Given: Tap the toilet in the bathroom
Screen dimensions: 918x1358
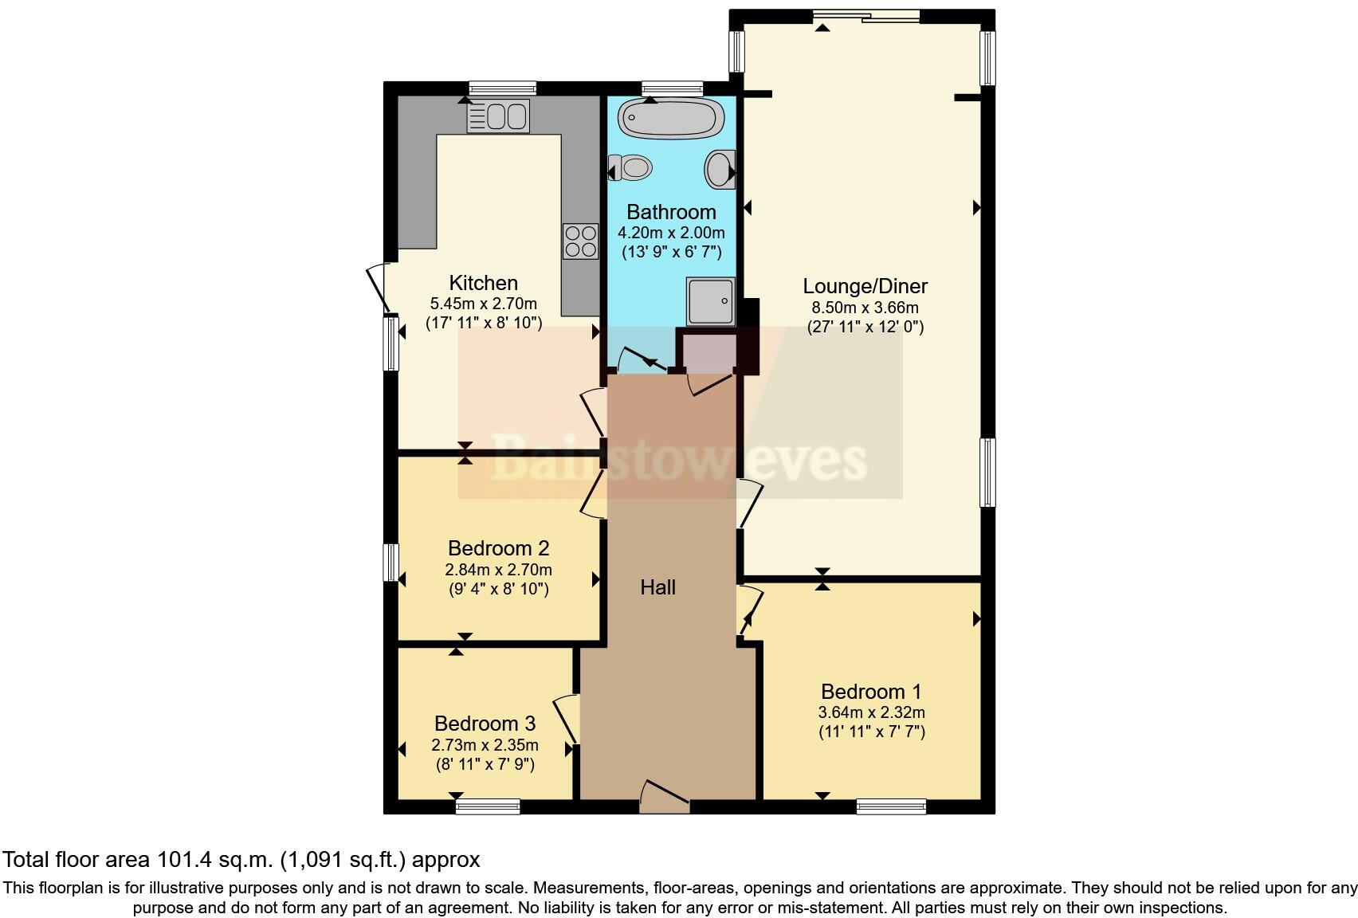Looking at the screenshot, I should click(630, 168).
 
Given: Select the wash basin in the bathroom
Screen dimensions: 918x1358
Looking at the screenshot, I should click(720, 170).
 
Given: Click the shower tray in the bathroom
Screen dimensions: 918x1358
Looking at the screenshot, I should click(709, 301).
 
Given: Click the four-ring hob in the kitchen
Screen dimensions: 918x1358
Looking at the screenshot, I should click(580, 241).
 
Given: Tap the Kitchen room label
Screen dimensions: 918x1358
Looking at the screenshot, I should click(483, 283).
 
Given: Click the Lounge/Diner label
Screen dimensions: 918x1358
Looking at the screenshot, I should click(865, 286).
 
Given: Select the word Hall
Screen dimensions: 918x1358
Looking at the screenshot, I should click(657, 587).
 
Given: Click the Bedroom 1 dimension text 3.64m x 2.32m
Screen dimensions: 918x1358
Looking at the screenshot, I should click(871, 712).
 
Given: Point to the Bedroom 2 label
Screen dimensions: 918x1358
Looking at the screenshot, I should click(498, 548).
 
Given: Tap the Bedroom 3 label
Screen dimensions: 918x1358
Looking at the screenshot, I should click(485, 724).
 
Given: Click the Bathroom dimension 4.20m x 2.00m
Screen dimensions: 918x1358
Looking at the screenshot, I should click(671, 233).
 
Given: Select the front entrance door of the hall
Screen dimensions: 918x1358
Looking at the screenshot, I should click(664, 798).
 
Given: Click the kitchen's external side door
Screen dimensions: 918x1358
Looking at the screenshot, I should click(379, 288).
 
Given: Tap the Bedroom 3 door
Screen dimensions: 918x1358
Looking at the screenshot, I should click(567, 718).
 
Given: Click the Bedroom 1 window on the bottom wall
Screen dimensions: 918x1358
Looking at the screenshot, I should click(891, 806).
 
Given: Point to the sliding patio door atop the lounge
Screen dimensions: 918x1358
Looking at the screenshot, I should click(865, 16).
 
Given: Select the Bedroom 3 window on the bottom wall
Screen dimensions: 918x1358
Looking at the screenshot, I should click(488, 806).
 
